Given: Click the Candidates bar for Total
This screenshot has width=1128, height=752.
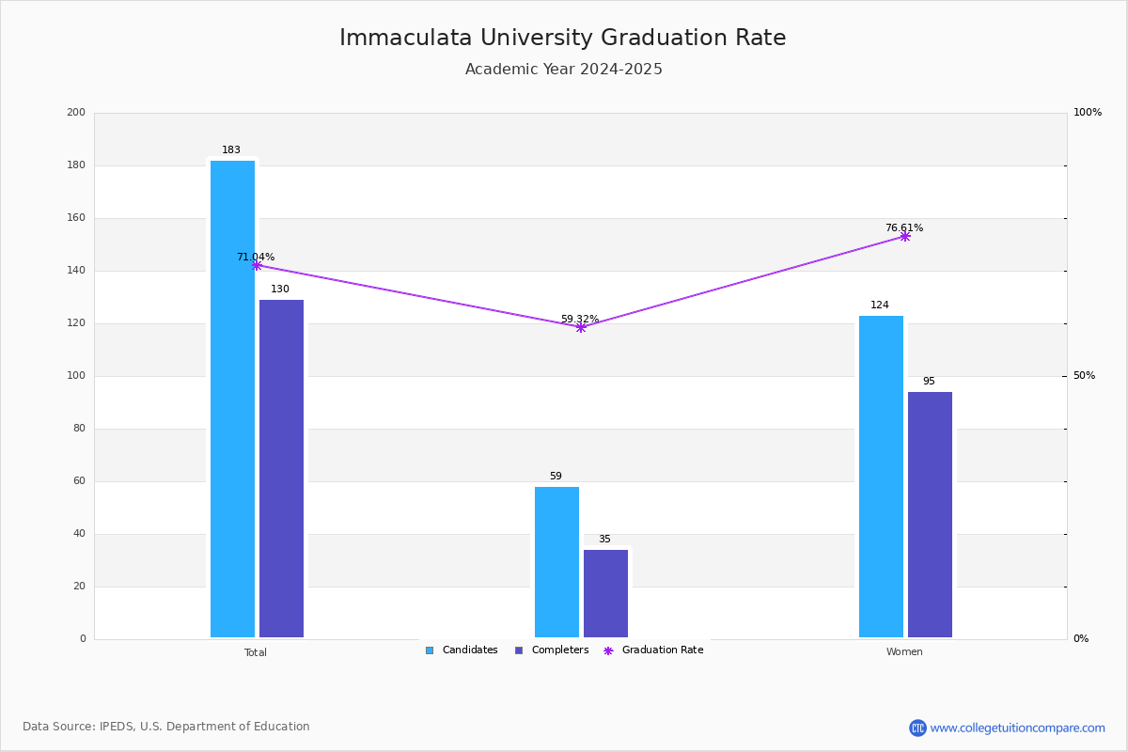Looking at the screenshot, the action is (x=232, y=399).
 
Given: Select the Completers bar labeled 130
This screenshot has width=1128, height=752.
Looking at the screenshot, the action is (x=281, y=468).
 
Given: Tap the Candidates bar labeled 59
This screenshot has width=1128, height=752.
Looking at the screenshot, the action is (x=556, y=562).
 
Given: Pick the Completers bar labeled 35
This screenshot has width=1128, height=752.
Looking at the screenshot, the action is (x=605, y=593).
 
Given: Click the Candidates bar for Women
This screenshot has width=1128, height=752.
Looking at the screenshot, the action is (x=881, y=477).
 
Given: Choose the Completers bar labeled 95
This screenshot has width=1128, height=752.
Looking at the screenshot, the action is (x=930, y=515).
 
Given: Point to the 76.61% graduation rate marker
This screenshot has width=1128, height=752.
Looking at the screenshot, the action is (x=905, y=236).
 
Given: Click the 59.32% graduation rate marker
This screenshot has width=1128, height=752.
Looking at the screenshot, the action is (x=581, y=328).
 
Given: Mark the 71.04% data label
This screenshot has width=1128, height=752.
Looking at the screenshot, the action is (x=256, y=257).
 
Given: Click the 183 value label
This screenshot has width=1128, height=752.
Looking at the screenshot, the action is (x=231, y=149).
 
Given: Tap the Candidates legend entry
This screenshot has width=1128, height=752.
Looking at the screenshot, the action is (x=462, y=650).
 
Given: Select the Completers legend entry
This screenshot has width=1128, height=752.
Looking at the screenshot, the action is (x=552, y=650).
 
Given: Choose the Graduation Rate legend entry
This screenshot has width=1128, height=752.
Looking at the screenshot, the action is (x=653, y=650).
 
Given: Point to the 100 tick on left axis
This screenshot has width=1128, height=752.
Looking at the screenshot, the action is (x=76, y=375).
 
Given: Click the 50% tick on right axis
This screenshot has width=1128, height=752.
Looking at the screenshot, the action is (x=1084, y=375).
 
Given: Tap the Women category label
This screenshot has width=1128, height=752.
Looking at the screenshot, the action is (x=904, y=651).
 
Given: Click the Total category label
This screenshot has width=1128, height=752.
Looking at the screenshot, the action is (x=256, y=652).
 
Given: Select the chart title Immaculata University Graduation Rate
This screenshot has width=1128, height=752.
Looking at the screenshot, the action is (x=562, y=38).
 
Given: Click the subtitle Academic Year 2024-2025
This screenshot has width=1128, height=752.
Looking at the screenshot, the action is (x=563, y=69).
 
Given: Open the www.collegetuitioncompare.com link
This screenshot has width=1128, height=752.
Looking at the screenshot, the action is (x=1017, y=728).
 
